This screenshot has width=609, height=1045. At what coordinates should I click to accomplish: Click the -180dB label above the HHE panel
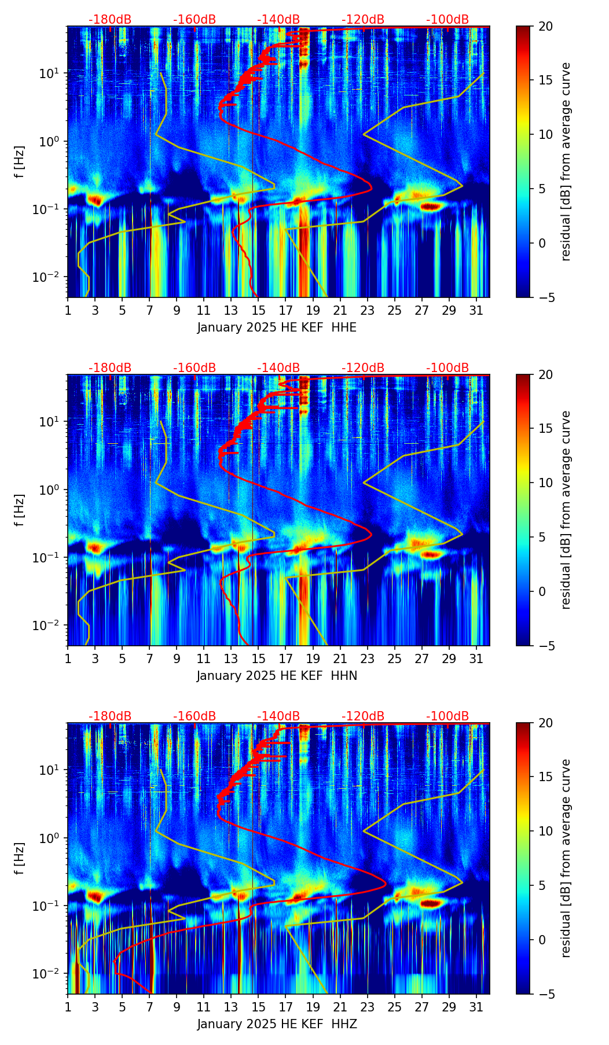(110, 20)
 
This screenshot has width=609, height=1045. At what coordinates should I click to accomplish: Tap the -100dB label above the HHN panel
(447, 368)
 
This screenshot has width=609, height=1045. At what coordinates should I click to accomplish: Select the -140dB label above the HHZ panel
(278, 716)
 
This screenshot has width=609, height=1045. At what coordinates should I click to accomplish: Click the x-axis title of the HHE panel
(277, 328)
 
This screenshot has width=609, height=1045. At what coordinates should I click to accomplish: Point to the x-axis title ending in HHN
(277, 676)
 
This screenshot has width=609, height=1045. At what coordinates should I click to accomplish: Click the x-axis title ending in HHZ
(277, 1024)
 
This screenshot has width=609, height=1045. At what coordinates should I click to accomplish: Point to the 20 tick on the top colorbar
(545, 26)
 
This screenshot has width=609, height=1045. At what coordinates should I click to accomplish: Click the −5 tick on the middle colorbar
(545, 646)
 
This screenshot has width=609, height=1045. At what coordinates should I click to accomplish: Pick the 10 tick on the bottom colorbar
(545, 831)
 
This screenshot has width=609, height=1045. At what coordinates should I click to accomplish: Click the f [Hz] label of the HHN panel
(20, 510)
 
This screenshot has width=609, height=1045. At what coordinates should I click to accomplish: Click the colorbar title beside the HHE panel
(566, 161)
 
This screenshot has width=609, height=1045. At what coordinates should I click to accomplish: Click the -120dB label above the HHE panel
(363, 20)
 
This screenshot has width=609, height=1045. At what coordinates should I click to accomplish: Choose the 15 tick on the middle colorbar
(545, 429)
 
